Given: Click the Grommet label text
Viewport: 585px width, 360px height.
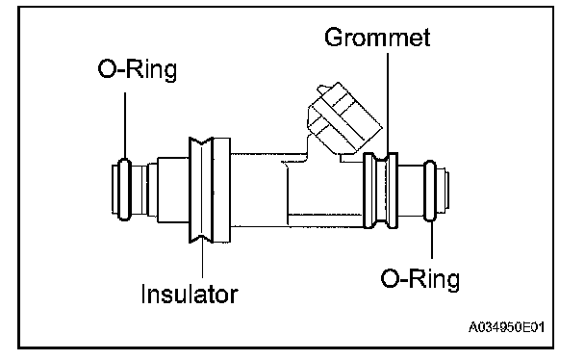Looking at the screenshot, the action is [377, 37].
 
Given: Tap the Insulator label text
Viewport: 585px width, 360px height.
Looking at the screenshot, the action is [190, 295].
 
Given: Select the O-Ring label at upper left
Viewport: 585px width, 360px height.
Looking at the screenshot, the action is [137, 69].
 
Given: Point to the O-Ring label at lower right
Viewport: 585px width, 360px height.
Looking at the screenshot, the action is [420, 279].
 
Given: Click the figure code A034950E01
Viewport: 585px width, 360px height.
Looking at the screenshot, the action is [506, 327].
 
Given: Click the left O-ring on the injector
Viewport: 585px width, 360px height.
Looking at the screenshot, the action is [124, 189].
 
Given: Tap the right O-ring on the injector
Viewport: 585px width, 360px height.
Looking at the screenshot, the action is [430, 191].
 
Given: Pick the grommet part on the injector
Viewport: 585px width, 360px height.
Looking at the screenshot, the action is [381, 191].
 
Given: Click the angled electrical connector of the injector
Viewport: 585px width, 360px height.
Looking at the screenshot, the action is [344, 117].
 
